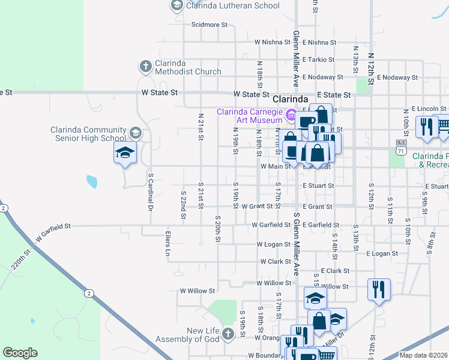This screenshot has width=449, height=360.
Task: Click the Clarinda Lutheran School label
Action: tap(233, 5)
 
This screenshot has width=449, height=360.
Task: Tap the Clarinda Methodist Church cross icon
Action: tap(145, 66)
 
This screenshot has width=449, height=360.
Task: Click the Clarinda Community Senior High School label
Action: tap(88, 134)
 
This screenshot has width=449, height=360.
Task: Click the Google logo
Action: tap(20, 353)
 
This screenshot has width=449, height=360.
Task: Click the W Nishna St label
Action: tap(272, 43)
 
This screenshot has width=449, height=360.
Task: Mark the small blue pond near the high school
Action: tap(91, 181)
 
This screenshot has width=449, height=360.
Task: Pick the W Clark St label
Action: tap(276, 262)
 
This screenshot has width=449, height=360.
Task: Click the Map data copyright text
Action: tap(423, 355)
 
